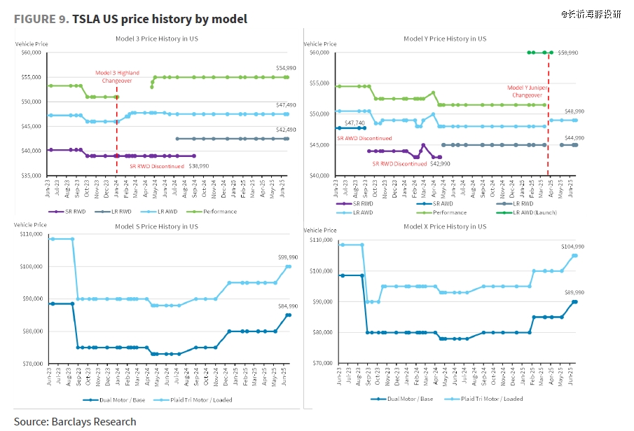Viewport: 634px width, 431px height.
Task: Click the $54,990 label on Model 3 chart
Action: [276, 67]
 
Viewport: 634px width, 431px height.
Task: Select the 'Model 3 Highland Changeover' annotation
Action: [117, 76]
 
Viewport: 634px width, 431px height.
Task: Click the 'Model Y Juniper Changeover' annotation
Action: [526, 92]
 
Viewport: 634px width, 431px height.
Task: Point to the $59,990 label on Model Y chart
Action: [569, 53]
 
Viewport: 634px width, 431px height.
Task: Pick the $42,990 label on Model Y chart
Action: [439, 163]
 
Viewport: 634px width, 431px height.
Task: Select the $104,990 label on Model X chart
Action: [573, 247]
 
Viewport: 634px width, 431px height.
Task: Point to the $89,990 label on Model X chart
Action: [574, 292]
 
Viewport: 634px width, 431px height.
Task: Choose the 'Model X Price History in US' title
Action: [445, 226]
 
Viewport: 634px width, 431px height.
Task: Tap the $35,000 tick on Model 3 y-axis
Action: [31, 175]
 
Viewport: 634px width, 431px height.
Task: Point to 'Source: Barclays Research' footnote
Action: [75, 421]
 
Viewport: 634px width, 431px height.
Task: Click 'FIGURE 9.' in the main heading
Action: [41, 19]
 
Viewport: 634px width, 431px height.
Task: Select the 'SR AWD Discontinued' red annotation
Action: [364, 139]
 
